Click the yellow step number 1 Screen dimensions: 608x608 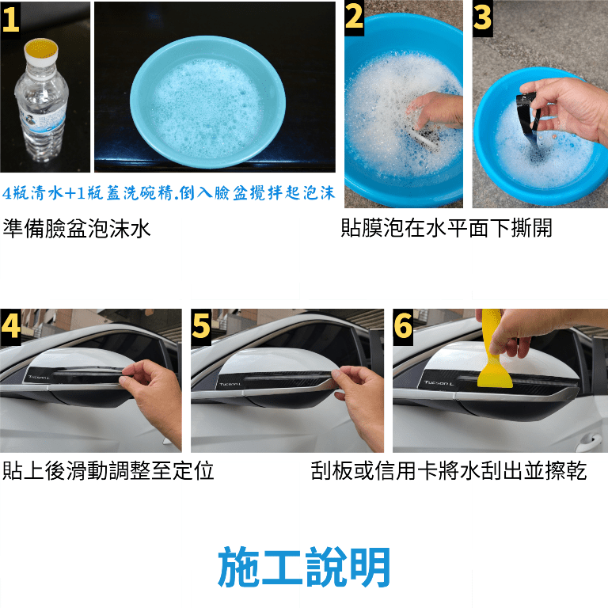[10, 19]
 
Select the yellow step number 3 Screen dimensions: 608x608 [482, 17]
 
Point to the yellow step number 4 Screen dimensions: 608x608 [10, 325]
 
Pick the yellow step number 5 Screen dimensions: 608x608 [201, 325]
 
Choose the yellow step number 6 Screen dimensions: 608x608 [403, 325]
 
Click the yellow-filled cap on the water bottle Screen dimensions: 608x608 [40, 51]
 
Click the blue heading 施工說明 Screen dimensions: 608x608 [304, 567]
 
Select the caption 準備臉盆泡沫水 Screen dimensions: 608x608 [76, 228]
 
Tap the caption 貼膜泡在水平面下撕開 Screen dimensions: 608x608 [446, 228]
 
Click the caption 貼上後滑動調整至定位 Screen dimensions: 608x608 [108, 470]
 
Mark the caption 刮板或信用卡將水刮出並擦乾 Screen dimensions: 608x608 [449, 470]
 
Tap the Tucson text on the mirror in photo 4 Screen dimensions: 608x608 [39, 378]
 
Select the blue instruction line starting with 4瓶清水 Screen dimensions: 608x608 [169, 192]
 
